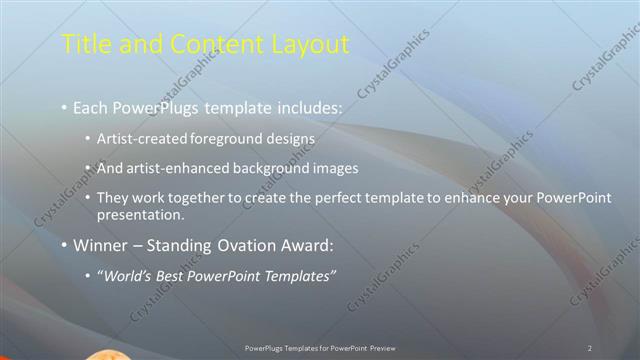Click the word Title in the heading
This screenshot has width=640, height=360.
(85, 44)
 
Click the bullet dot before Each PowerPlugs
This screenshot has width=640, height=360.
(65, 105)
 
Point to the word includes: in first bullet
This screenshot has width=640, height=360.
(309, 105)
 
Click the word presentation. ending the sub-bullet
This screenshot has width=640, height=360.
(141, 214)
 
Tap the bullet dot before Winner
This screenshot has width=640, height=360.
(65, 244)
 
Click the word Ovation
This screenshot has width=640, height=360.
(239, 244)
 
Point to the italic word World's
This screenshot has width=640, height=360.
(127, 276)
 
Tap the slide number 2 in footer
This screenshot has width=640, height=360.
(590, 347)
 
